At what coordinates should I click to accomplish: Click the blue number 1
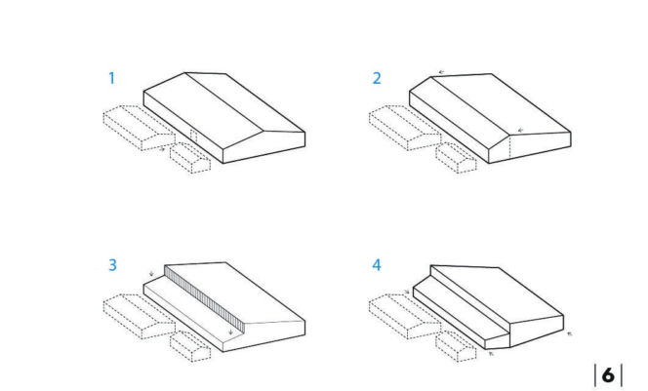[x=111, y=78]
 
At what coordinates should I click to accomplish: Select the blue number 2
[x=377, y=78]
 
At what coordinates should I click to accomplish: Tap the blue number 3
[x=112, y=264]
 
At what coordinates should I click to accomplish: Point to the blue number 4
[x=377, y=264]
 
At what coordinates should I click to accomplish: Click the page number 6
[x=608, y=374]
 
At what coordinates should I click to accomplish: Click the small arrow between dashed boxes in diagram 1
[x=162, y=149]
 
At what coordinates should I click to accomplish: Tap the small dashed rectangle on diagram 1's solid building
[x=193, y=136]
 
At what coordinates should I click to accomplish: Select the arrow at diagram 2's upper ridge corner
[x=441, y=72]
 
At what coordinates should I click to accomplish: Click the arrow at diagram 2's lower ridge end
[x=521, y=130]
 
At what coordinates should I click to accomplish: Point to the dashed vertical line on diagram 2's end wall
[x=510, y=146]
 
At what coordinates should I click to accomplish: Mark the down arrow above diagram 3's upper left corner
[x=151, y=273]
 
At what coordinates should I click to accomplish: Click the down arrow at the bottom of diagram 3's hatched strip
[x=230, y=332]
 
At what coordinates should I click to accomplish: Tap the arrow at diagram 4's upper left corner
[x=407, y=292]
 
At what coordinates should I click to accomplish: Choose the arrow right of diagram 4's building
[x=570, y=333]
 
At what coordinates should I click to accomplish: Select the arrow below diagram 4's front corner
[x=491, y=353]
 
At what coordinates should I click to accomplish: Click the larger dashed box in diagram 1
[x=140, y=128]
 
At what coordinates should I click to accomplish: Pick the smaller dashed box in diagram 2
[x=457, y=158]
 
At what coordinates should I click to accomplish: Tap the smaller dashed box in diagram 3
[x=190, y=346]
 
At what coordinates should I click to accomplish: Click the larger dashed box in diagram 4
[x=405, y=317]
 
